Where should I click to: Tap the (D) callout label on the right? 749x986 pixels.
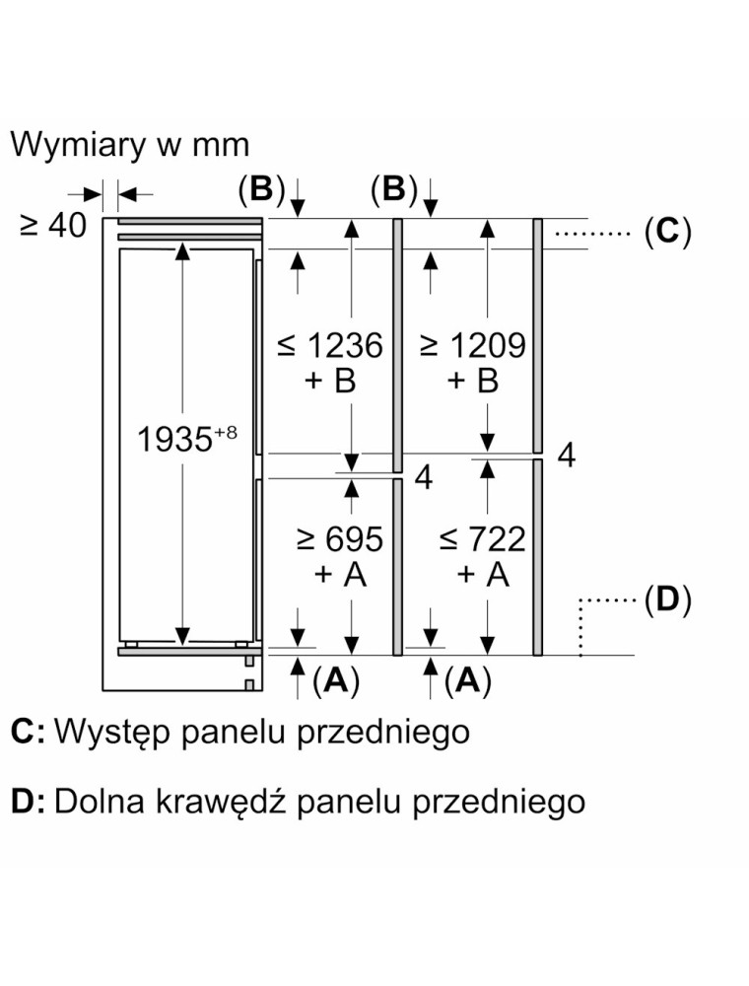(x=667, y=599)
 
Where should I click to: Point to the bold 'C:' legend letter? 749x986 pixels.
(x=28, y=732)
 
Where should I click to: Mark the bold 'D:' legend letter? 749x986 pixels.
(x=28, y=801)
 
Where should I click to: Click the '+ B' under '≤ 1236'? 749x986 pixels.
(x=329, y=381)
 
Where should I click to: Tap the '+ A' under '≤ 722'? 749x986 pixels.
(x=483, y=574)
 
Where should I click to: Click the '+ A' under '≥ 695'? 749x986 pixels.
(x=339, y=574)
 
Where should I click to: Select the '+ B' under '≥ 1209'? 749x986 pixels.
(x=473, y=381)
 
